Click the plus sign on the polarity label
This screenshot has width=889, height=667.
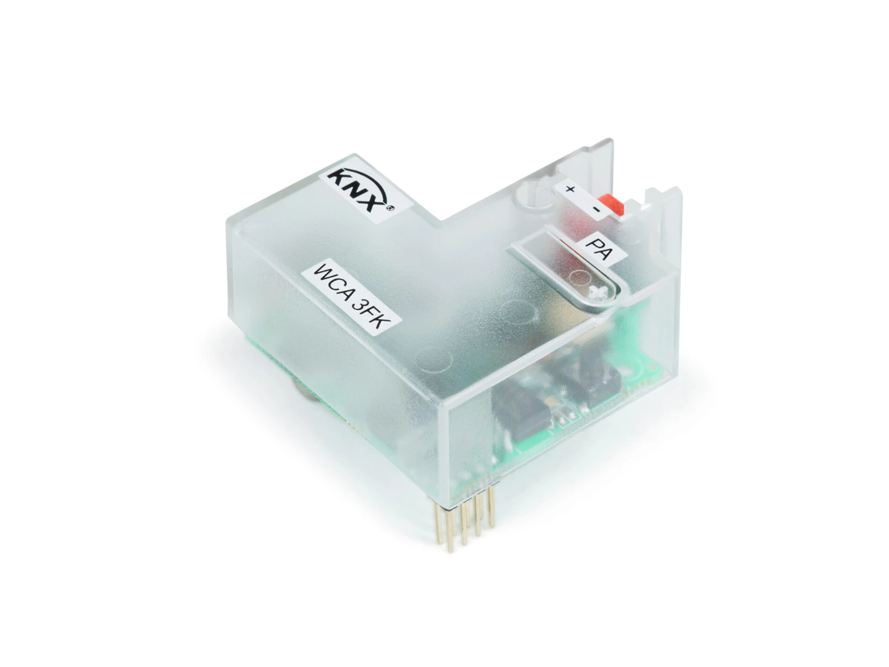point(570,189)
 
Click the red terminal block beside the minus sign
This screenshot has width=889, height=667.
point(613,204)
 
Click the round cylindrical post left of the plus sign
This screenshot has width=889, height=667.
point(535,195)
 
